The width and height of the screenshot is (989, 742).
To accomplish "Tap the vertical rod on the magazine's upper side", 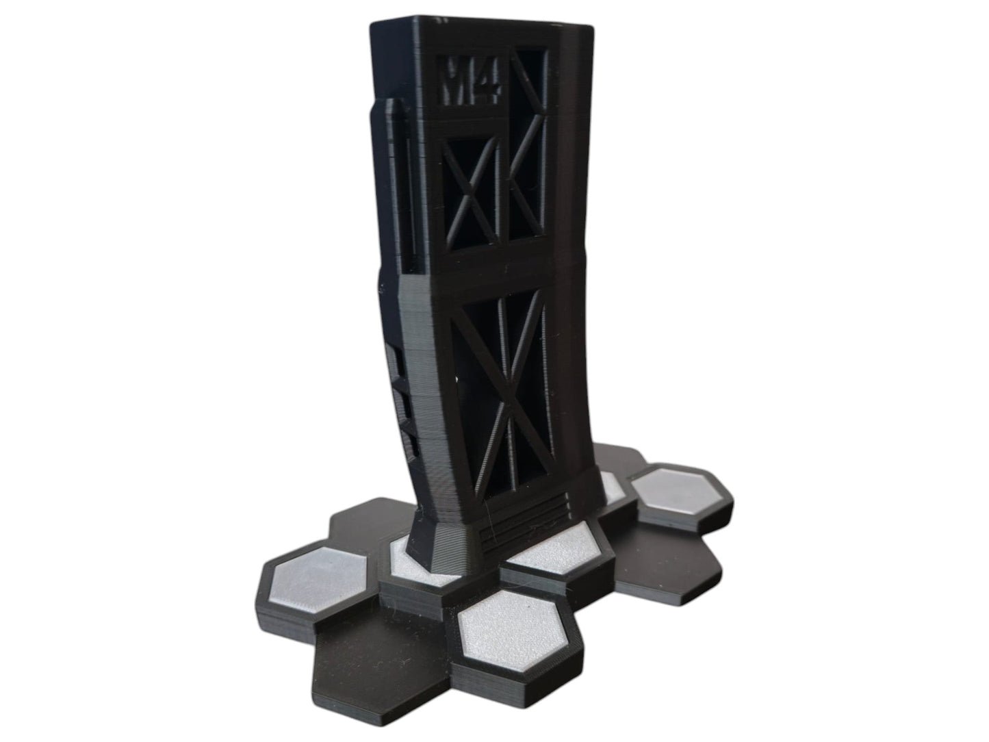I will tap(387, 178).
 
